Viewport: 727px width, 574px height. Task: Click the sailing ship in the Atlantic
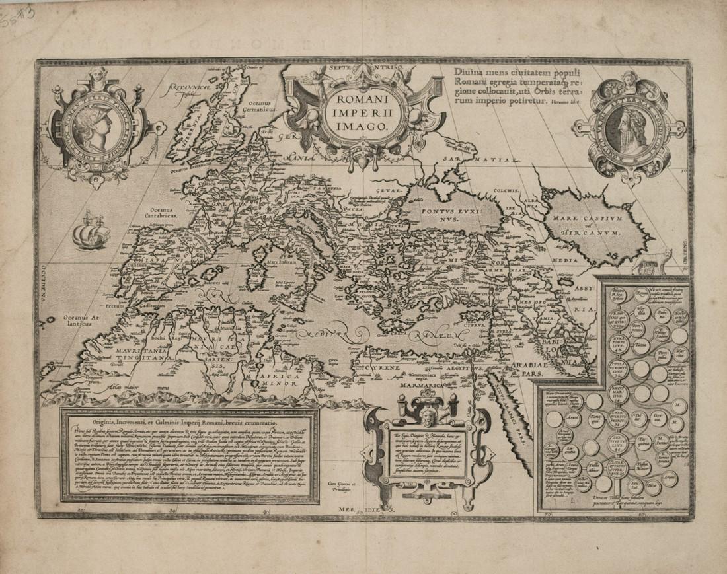pyautogui.click(x=89, y=230)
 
